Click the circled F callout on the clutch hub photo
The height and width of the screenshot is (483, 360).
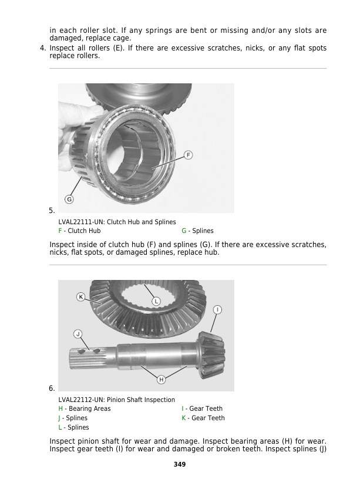coord(188,155)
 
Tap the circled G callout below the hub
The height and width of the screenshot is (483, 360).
coord(69,200)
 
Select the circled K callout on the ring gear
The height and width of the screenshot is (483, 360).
coord(81,297)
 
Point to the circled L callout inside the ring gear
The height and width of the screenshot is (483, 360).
coord(156,301)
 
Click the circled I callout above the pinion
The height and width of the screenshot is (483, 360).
coord(217,309)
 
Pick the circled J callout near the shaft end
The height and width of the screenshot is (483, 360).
coord(78,334)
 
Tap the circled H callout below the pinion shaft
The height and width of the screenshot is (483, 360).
coord(161,380)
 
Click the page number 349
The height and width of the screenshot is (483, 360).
coord(180,464)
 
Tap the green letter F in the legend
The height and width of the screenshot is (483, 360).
coord(60,231)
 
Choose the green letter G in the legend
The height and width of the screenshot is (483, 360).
coord(184,231)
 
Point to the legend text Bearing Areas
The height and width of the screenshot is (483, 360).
coord(90,408)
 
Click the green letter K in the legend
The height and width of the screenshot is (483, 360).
coord(184,418)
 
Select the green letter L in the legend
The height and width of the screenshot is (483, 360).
coord(60,427)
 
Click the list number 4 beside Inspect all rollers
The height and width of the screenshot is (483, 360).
coord(43,48)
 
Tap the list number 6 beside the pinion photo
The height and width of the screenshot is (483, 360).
coord(52,389)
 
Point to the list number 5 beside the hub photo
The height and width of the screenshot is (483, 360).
coord(52,211)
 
